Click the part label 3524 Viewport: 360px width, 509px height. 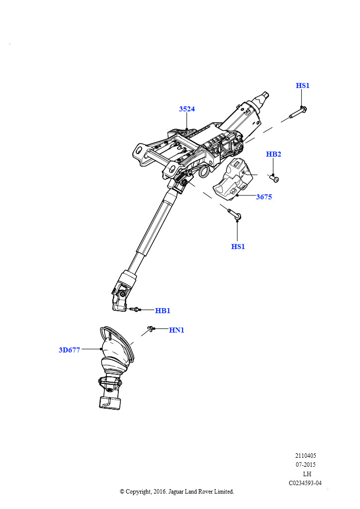click(187, 109)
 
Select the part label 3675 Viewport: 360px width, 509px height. click(264, 197)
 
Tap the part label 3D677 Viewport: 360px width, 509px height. click(69, 350)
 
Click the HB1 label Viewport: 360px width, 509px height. click(163, 311)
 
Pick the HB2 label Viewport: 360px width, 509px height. click(273, 154)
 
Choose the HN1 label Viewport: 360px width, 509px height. click(177, 330)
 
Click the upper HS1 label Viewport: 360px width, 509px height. click(302, 85)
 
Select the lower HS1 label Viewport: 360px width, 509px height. click(238, 247)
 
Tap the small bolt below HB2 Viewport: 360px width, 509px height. click(274, 178)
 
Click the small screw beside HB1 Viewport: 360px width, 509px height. click(134, 309)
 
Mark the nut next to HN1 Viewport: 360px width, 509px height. click(150, 329)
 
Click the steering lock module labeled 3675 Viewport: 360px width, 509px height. click(233, 178)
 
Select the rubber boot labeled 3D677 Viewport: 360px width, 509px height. click(115, 367)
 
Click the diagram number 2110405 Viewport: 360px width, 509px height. click(305, 455)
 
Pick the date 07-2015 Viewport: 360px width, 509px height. click(305, 465)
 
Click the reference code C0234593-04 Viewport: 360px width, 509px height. click(305, 483)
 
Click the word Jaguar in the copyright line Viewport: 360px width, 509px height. click(176, 492)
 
